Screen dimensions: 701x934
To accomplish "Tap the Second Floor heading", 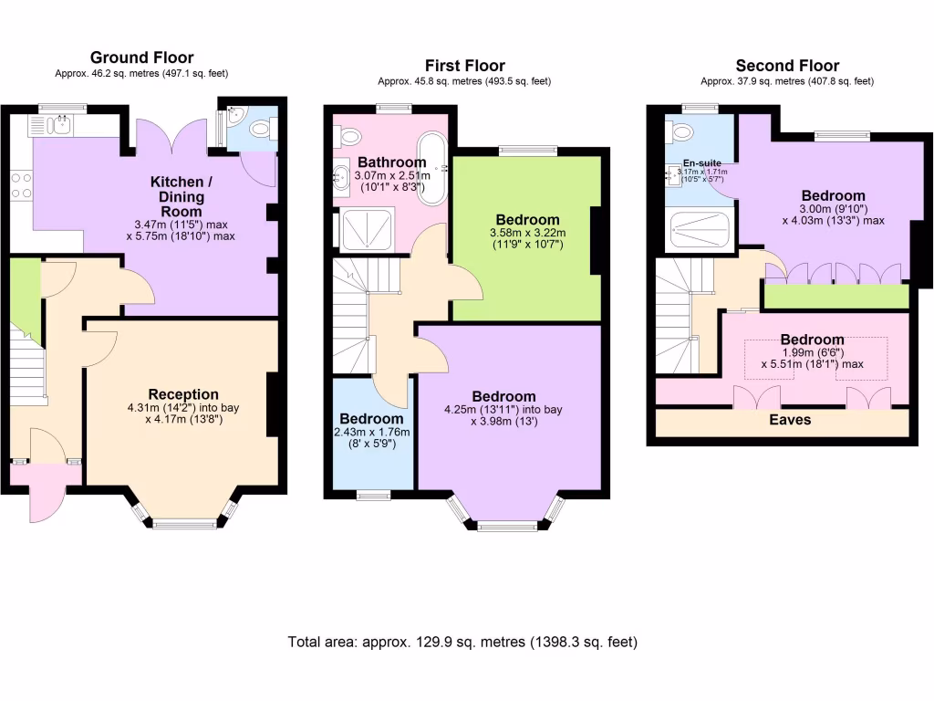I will point(787,65).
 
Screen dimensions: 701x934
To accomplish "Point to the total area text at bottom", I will point(462,642).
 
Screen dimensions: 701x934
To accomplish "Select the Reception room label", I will point(183,394).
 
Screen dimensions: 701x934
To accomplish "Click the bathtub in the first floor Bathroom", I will point(432,168).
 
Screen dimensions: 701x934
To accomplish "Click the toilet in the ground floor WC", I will point(262,131).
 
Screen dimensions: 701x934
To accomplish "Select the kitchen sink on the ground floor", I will point(61,126).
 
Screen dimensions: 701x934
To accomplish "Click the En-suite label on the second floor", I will point(701,163).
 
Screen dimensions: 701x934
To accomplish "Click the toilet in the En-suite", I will point(681,132).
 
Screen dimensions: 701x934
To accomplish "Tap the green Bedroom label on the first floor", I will point(527,220).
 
